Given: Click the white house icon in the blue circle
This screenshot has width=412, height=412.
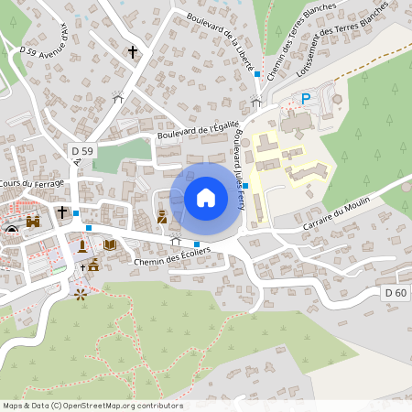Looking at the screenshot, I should pyautogui.click(x=205, y=197).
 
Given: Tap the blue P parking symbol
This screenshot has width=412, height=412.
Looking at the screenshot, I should pyautogui.click(x=307, y=98).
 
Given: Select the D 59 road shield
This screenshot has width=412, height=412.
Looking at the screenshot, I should pyautogui.click(x=81, y=150).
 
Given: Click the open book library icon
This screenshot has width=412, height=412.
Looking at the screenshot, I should pyautogui.click(x=110, y=244).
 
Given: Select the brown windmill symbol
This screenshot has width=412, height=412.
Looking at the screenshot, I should pyautogui.click(x=81, y=294).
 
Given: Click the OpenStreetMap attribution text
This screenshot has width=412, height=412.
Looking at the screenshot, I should pyautogui.click(x=92, y=405).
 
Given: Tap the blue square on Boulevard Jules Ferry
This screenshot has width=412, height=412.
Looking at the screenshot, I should pyautogui.click(x=245, y=186).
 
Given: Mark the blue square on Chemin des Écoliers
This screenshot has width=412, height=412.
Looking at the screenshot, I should pyautogui.click(x=196, y=244).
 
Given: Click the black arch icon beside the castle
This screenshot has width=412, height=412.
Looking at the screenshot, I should pyautogui.click(x=11, y=229).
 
